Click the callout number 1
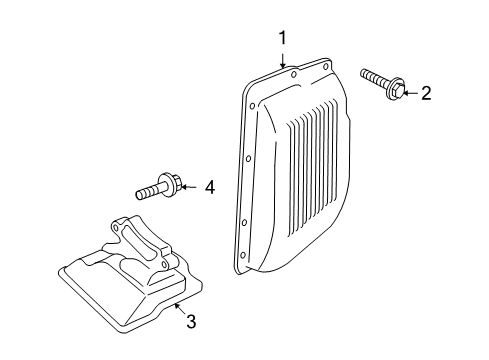[282, 38]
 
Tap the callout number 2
[426, 93]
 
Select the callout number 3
[191, 321]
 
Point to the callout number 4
[210, 187]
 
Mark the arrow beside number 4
[189, 187]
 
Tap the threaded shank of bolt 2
[375, 77]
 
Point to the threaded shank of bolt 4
[149, 191]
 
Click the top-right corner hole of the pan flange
[326, 66]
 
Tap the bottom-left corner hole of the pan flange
[243, 256]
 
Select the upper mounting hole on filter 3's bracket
[115, 227]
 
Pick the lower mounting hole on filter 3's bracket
[164, 265]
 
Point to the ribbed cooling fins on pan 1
[312, 168]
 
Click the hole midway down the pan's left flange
[248, 159]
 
